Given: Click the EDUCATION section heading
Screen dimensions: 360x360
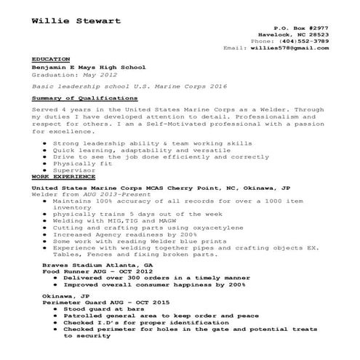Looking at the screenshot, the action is click(51, 58).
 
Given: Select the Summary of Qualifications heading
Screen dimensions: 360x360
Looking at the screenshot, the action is click(84, 97).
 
